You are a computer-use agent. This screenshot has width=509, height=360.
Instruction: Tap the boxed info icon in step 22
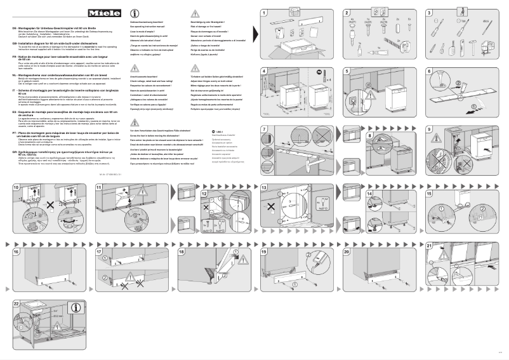point(76,308)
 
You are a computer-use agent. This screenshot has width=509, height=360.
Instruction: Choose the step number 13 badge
point(264,188)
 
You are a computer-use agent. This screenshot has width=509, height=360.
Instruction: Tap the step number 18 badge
point(182,252)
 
